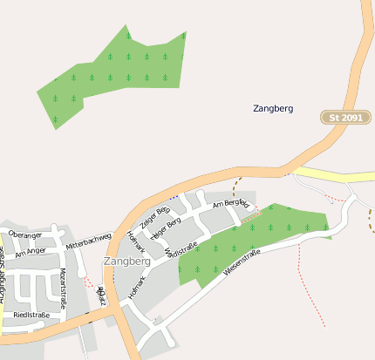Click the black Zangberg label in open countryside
pos(273,109)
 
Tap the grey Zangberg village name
pos(126,261)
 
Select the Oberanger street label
pos(24,235)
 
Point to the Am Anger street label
pos(30,252)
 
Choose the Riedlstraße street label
pos(31,315)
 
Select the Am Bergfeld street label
pos(231,203)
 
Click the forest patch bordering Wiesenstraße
pos(253,235)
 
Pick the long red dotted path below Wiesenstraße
pos(310,288)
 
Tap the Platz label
pos(101,294)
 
